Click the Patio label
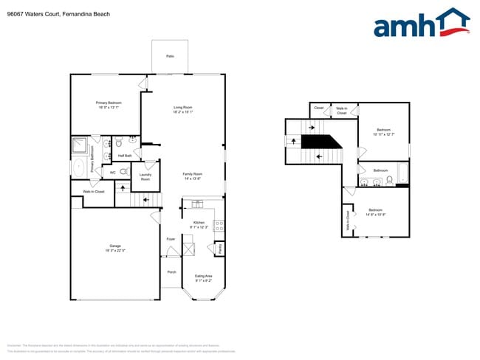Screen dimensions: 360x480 170,56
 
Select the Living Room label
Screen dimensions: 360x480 183,108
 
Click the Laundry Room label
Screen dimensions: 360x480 145,177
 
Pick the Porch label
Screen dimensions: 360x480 171,271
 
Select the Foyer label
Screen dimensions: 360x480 171,239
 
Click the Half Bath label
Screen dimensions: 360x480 125,156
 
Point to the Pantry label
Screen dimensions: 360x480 220,249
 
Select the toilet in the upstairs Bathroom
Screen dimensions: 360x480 389,179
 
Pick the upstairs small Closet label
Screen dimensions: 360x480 318,108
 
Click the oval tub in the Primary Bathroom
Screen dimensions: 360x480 80,167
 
